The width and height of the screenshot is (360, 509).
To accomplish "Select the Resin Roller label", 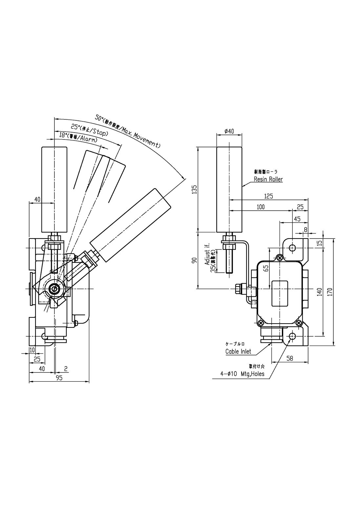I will coord(268,179).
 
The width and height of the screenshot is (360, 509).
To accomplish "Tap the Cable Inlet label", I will coord(238,351).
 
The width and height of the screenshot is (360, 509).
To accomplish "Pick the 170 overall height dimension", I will coord(330,291).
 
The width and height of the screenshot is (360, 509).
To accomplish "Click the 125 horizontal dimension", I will coord(268,196).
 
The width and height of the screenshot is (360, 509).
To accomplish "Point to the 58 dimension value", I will coord(289,359).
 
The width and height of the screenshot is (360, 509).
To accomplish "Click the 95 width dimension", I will coord(59,378).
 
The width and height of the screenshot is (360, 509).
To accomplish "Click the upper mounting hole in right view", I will coord(292,248).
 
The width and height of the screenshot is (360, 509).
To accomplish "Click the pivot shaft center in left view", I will coord(53,288).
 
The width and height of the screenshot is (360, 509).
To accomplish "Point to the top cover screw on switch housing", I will coord(280,258).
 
